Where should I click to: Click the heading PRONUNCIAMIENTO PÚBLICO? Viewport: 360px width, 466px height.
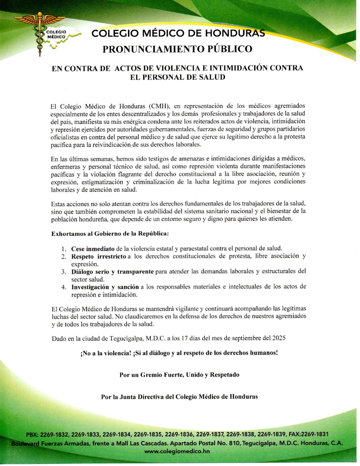point(177,49)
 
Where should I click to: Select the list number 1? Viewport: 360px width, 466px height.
point(64,249)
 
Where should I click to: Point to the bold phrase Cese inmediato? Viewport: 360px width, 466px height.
point(93,249)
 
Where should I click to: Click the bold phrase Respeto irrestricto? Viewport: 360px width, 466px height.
point(98,256)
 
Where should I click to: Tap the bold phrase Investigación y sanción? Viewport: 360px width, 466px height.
point(105,287)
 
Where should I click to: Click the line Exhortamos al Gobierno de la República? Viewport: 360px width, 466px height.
point(110,234)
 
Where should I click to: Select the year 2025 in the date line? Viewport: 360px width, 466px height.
point(279,338)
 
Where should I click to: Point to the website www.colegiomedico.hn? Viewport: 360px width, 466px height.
point(177,451)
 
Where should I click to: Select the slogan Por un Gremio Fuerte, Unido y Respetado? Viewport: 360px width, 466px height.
point(179,375)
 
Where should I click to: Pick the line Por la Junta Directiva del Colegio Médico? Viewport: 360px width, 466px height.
point(179,397)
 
